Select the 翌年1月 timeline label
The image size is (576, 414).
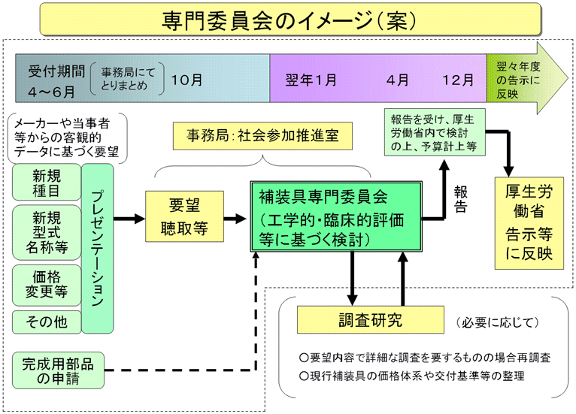pos(311,78)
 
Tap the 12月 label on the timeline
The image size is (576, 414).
pos(458,78)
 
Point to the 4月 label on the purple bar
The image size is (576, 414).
pos(398,78)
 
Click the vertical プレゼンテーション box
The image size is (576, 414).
pos(98,249)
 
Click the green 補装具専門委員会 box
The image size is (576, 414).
pos(335,219)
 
